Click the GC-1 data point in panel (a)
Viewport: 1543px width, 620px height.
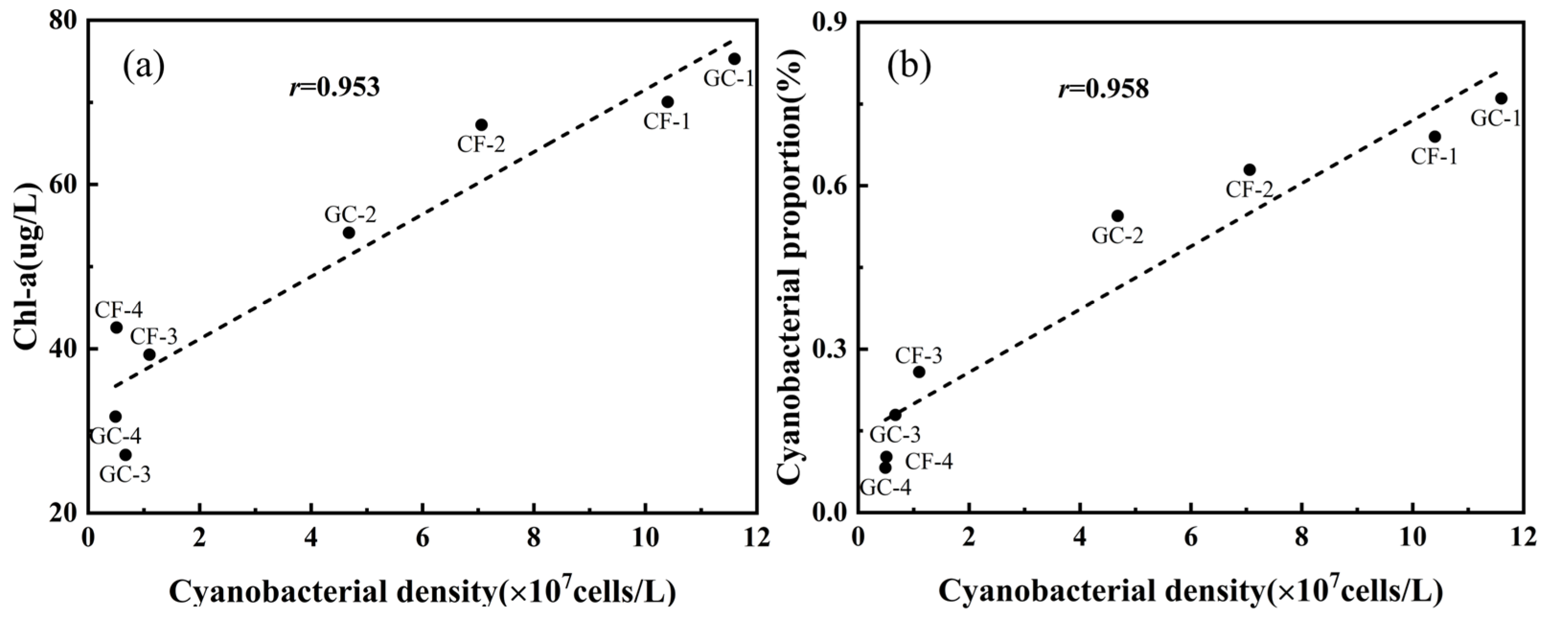(734, 59)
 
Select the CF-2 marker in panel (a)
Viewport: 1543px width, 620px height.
(481, 125)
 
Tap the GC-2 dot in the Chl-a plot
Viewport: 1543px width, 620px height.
(349, 232)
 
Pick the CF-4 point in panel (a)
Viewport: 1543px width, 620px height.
(116, 327)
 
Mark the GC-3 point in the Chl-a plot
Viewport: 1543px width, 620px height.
(125, 455)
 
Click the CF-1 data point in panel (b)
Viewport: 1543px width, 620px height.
(1435, 137)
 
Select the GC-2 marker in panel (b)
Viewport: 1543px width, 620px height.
(1117, 216)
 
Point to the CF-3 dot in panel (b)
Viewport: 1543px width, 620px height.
(919, 372)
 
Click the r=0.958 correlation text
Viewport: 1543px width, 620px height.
(1103, 90)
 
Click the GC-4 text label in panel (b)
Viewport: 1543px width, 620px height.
(885, 488)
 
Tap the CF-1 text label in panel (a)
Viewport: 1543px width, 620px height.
(667, 122)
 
